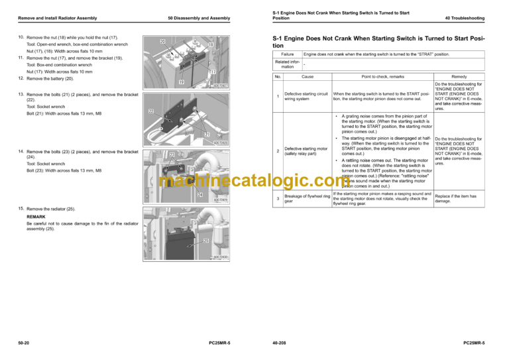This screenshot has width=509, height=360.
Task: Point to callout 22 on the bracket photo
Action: tap(152, 111)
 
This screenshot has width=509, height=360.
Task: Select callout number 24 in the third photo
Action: tap(199, 195)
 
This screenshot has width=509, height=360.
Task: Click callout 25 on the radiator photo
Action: tap(206, 241)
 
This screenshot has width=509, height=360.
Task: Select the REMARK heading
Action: tap(36, 217)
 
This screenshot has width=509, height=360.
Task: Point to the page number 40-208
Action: tap(280, 342)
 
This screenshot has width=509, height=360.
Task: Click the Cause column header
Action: tap(308, 77)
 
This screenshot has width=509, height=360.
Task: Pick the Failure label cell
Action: tap(288, 54)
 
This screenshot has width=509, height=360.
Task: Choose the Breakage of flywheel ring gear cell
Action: tap(306, 198)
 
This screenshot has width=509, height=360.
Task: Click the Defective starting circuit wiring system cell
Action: tap(306, 97)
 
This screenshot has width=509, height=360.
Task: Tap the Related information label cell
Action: tap(287, 64)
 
